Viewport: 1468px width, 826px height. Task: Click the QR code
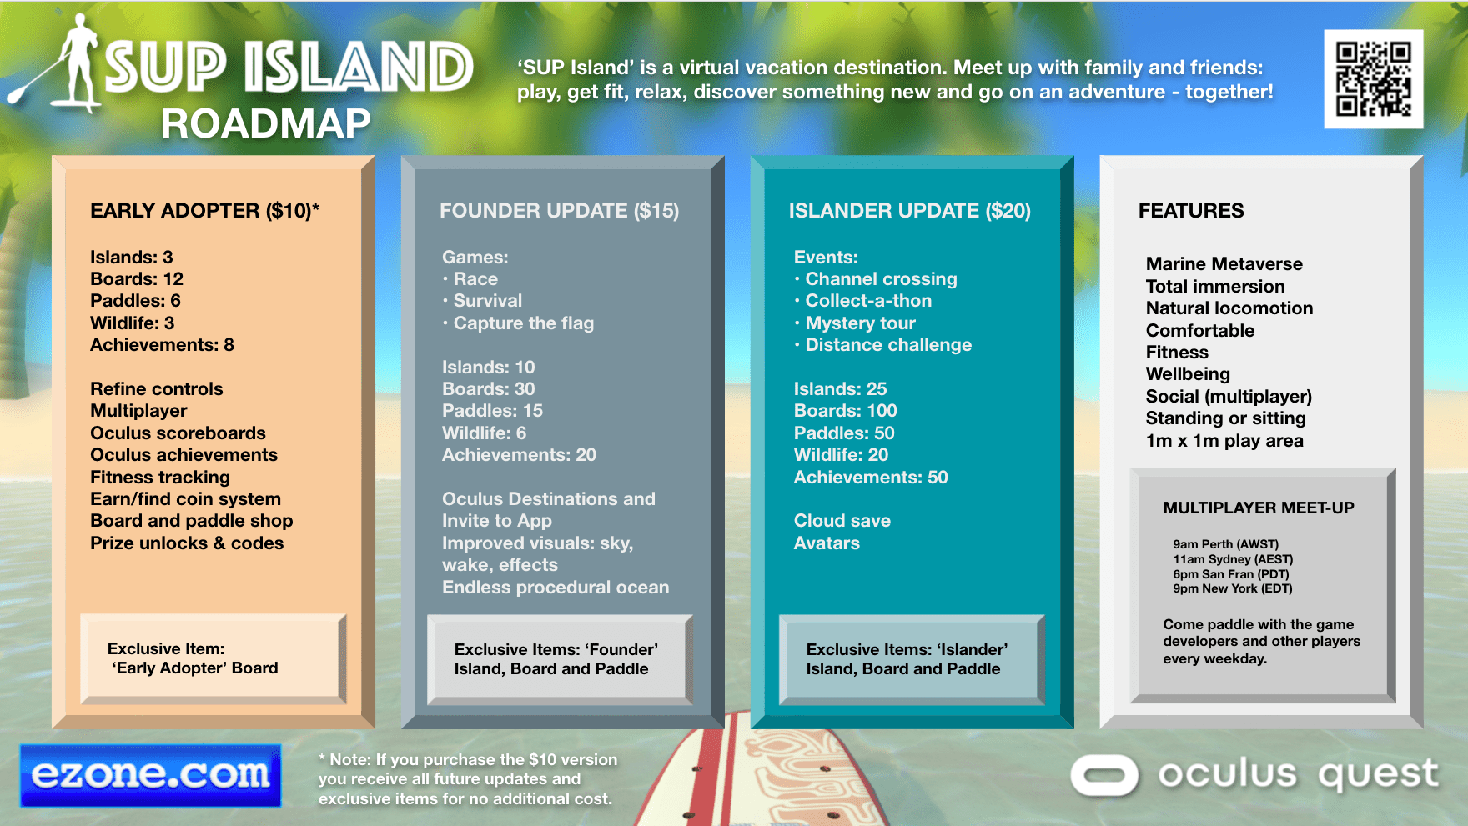[1373, 79]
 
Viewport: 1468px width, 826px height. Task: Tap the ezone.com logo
[151, 775]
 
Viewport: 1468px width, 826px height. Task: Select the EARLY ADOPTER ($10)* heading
[205, 211]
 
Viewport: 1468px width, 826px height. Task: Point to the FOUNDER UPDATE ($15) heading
[559, 211]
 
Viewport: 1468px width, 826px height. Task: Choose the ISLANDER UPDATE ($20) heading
[909, 211]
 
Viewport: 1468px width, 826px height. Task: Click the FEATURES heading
[1190, 211]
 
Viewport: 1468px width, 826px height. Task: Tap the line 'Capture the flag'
[523, 323]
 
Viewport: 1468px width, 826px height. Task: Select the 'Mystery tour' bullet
[860, 323]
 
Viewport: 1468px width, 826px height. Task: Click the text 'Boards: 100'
[845, 411]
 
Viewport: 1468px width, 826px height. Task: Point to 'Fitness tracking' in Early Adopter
[160, 478]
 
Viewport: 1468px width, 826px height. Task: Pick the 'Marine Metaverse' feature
[1224, 264]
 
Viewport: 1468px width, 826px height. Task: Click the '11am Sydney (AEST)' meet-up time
[1232, 559]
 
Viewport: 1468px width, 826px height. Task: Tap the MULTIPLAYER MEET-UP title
[1258, 508]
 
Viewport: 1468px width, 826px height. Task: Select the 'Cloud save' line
[842, 521]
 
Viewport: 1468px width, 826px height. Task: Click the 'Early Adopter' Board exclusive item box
[213, 658]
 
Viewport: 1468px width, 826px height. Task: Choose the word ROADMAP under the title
[265, 124]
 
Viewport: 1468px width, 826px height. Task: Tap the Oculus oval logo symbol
[1104, 775]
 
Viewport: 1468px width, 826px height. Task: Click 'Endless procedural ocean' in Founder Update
[556, 588]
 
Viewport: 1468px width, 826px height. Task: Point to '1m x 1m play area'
[1224, 441]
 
